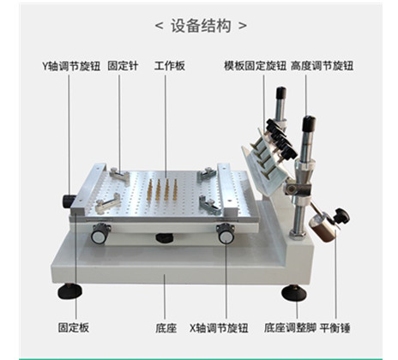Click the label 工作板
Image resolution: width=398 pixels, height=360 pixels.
coord(170,65)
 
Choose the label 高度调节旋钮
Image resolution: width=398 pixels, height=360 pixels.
coord(322,65)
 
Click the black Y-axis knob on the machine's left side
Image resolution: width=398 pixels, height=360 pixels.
coord(68,201)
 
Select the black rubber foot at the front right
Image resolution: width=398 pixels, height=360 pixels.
coord(293,292)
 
